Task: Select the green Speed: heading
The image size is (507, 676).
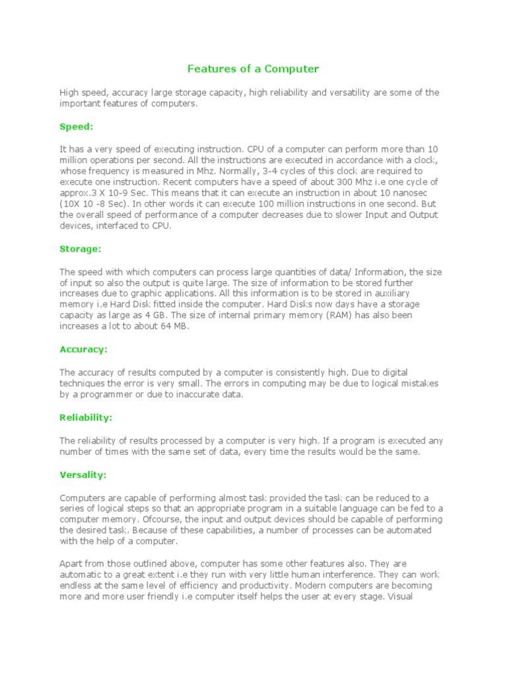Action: (77, 126)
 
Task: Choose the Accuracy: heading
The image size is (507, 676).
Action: (83, 349)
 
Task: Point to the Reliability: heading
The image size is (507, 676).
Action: (86, 417)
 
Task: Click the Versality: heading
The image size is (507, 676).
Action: (83, 475)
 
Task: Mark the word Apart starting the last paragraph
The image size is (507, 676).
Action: (72, 563)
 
